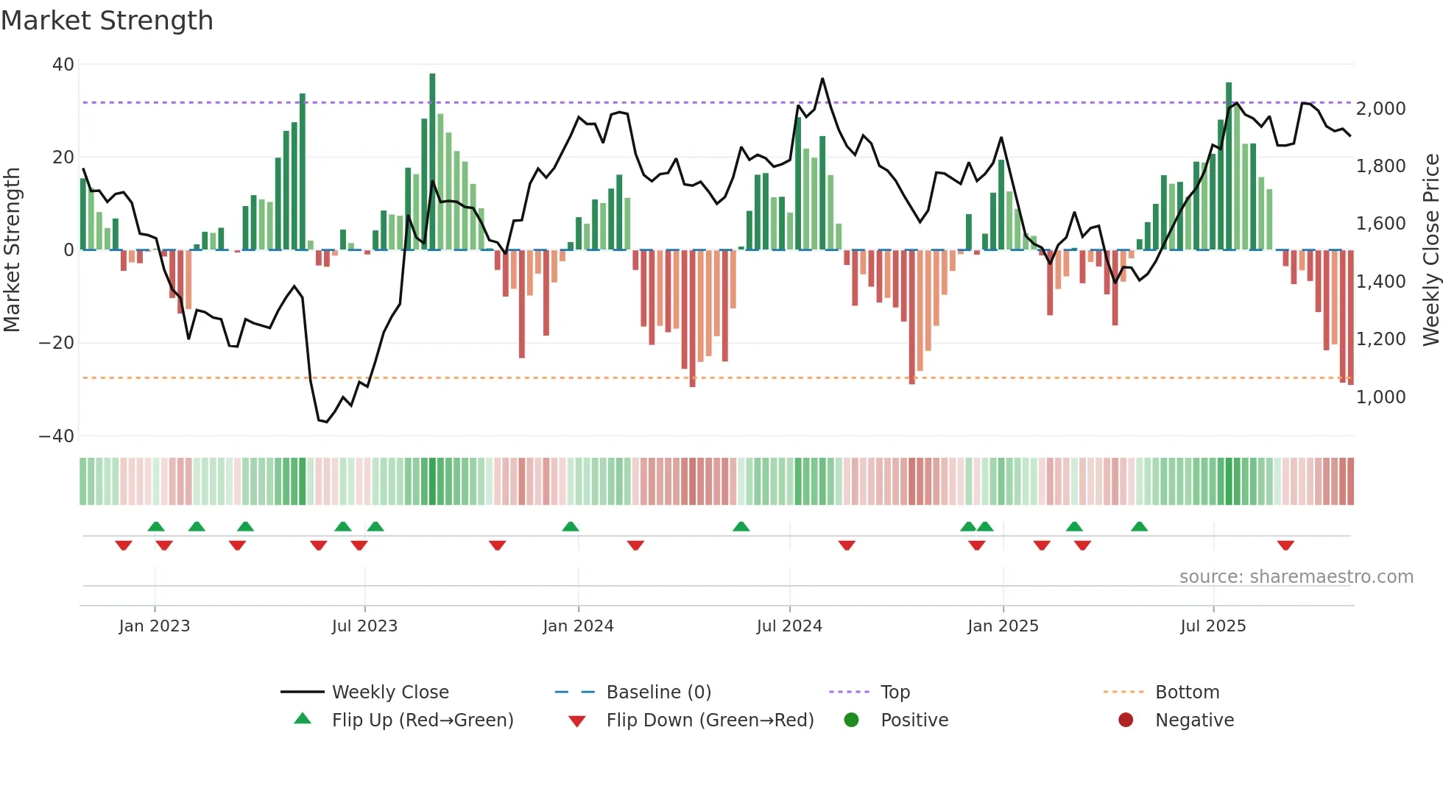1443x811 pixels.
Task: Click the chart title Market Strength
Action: click(x=107, y=21)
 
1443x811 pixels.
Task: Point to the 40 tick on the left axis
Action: click(x=63, y=65)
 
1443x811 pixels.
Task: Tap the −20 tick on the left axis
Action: click(x=57, y=343)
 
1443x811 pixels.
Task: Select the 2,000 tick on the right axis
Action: click(x=1380, y=109)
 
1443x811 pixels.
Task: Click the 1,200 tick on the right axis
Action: click(x=1380, y=339)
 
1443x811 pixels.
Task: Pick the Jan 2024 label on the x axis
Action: click(x=578, y=626)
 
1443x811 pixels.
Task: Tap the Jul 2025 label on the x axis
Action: click(x=1213, y=626)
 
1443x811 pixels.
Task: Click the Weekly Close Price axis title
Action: click(x=1430, y=250)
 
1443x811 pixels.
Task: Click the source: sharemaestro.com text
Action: click(x=1296, y=577)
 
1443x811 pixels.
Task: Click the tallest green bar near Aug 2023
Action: click(x=432, y=162)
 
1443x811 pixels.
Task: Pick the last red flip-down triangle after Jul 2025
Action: click(x=1285, y=545)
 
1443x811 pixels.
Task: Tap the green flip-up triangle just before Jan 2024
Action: click(x=570, y=526)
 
